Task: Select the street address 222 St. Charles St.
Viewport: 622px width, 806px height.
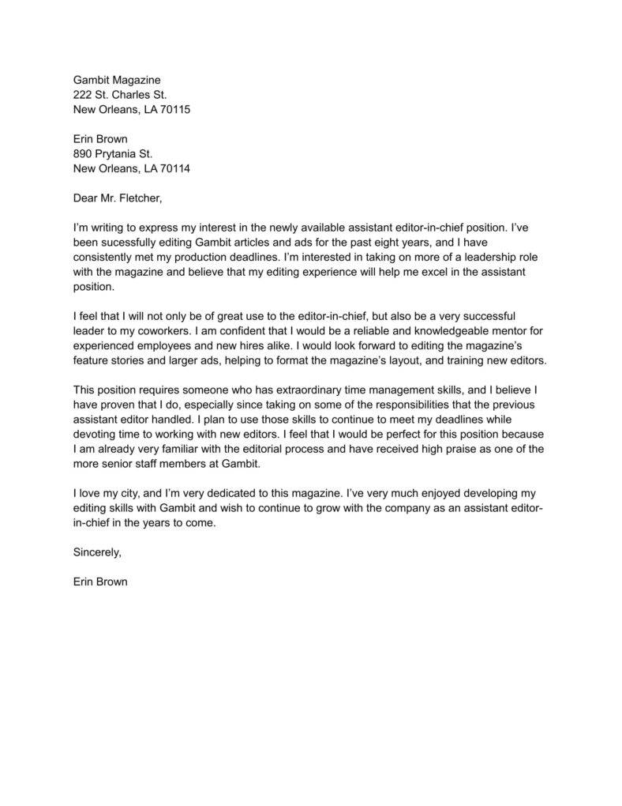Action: [119, 95]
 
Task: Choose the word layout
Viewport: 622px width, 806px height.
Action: [427, 360]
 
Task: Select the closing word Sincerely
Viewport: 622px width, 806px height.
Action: [97, 552]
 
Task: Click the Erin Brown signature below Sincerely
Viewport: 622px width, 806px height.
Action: [100, 582]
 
